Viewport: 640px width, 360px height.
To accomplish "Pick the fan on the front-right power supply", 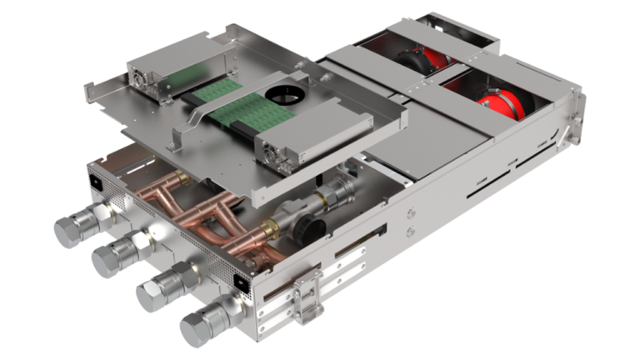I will coord(269,151).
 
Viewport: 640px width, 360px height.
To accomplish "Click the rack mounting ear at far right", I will coord(577,108).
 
